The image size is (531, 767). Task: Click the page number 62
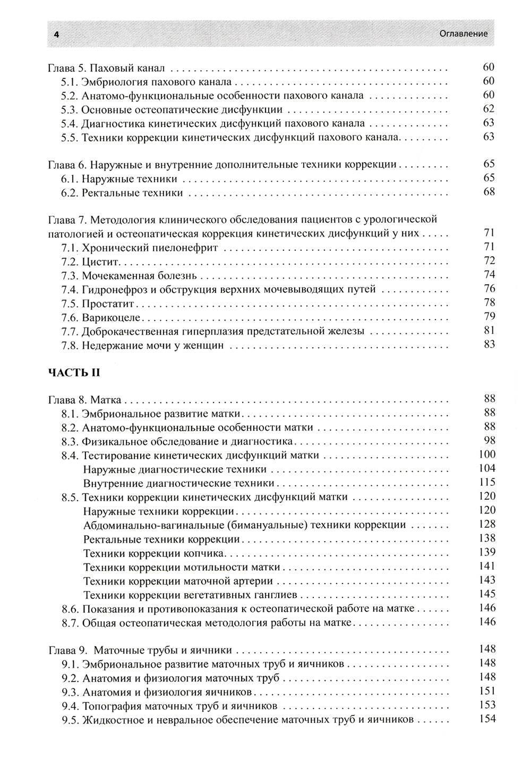pyautogui.click(x=489, y=109)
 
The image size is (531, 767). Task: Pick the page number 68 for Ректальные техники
pyautogui.click(x=489, y=192)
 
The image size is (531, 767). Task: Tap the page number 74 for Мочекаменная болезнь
pyautogui.click(x=489, y=275)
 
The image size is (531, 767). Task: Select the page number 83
pyautogui.click(x=489, y=344)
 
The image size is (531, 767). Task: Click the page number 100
pyautogui.click(x=486, y=454)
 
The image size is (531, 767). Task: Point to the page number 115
pyautogui.click(x=486, y=482)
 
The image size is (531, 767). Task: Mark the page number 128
pyautogui.click(x=486, y=524)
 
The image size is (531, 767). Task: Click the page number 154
pyautogui.click(x=486, y=719)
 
